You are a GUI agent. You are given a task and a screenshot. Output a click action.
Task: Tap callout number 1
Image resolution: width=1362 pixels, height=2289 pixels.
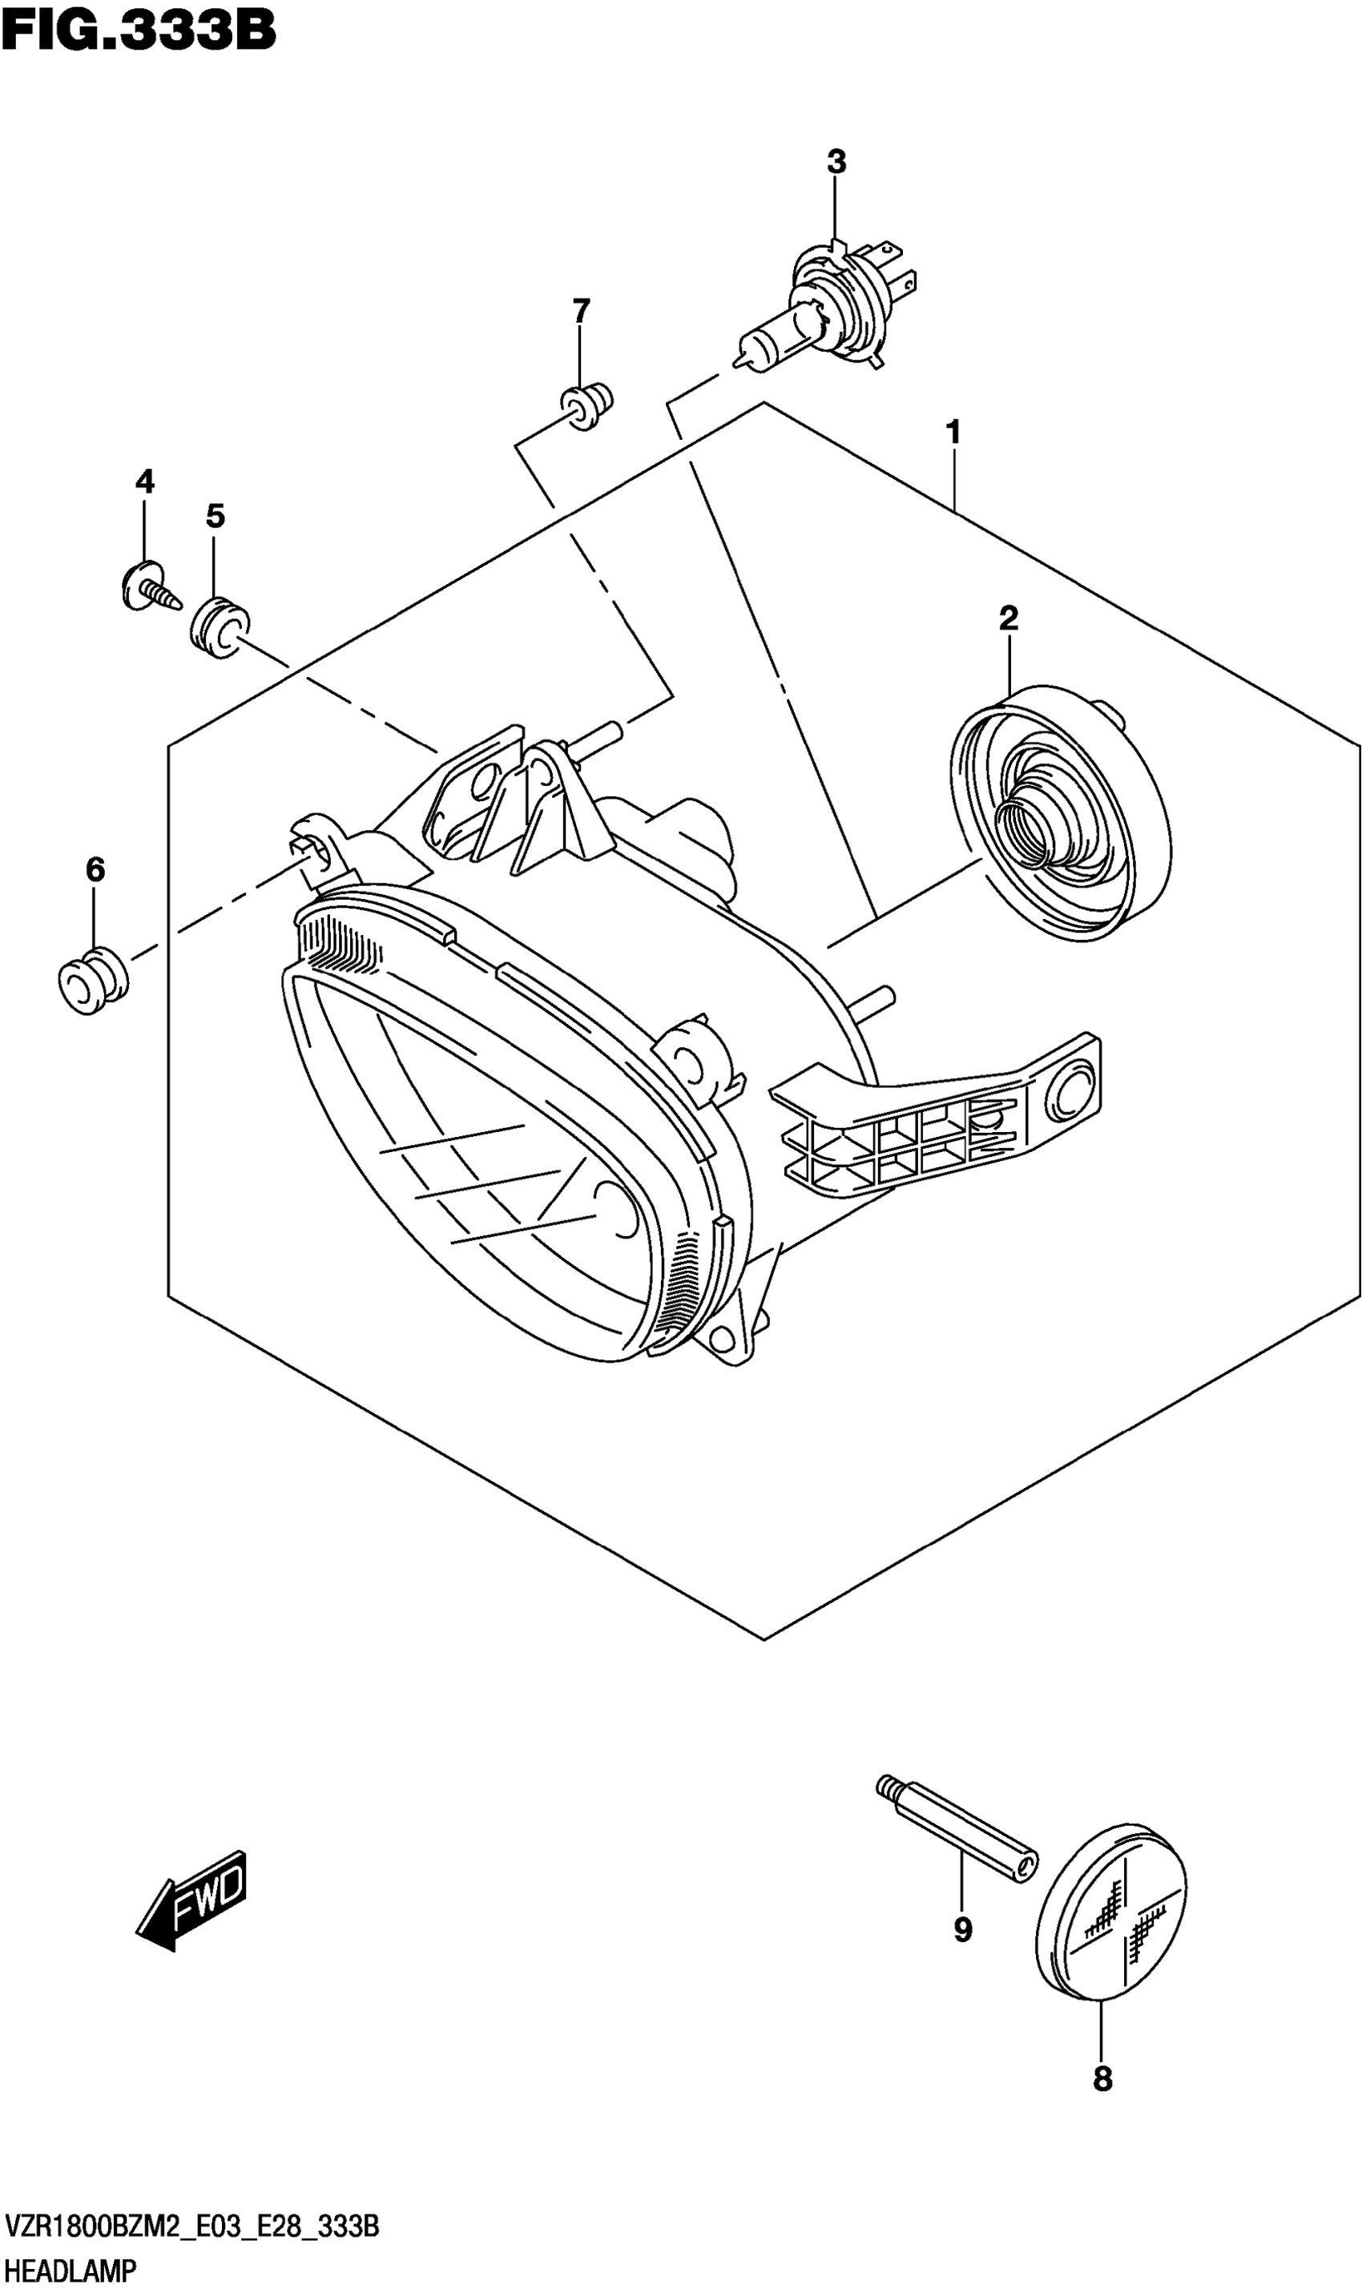pos(953,431)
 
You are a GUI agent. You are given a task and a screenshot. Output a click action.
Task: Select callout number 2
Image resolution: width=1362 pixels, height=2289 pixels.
pos(1009,619)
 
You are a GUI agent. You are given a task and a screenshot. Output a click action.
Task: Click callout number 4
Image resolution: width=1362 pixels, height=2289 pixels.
pos(145,481)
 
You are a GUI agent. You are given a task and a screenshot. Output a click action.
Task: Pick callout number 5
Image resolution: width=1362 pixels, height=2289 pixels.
pos(215,517)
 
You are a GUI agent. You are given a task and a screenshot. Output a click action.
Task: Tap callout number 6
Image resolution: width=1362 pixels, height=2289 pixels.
pos(95,869)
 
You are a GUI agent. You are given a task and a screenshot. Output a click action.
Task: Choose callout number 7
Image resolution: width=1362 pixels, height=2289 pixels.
pos(581,312)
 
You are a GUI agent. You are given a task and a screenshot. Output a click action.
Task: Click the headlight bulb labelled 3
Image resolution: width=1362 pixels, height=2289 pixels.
pos(826,308)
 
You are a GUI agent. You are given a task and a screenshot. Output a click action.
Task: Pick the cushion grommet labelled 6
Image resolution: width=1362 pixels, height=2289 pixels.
pos(92,981)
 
